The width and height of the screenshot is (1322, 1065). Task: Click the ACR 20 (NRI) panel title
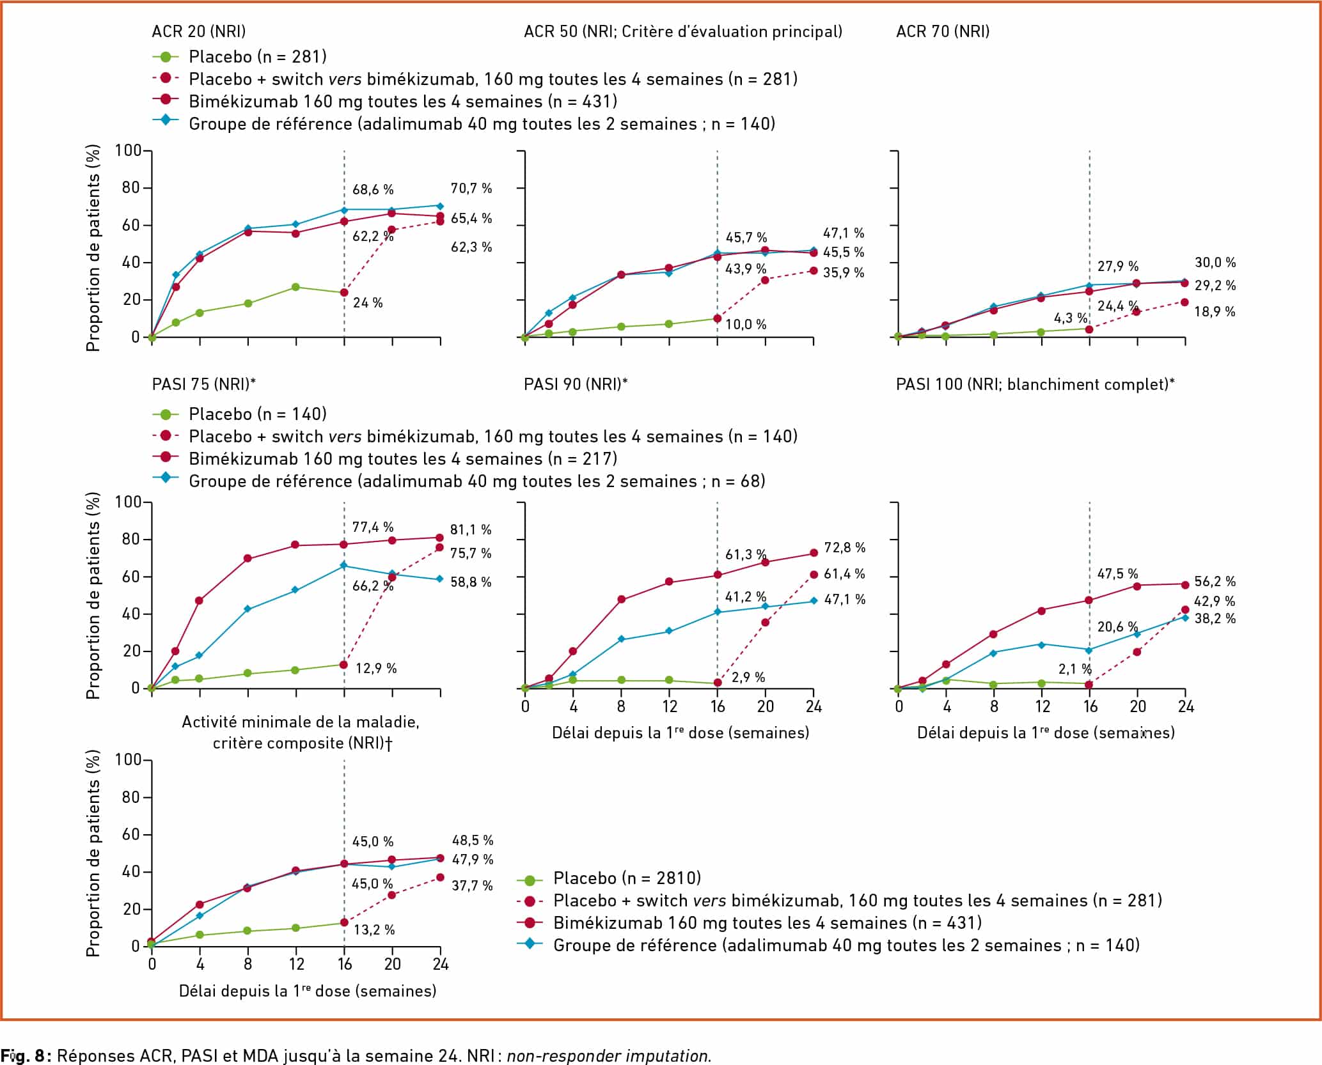pyautogui.click(x=198, y=31)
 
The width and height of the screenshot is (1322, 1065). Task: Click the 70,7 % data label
pyautogui.click(x=471, y=189)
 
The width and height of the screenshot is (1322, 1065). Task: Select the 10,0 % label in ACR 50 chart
pyautogui.click(x=746, y=325)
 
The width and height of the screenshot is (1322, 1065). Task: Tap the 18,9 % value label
pyautogui.click(x=1215, y=312)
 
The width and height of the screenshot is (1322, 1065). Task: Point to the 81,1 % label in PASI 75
pyautogui.click(x=471, y=530)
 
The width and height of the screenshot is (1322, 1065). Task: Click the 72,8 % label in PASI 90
pyautogui.click(x=844, y=548)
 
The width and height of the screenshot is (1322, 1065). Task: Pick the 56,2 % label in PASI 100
pyautogui.click(x=1215, y=582)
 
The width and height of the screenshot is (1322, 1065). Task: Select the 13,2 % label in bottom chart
pyautogui.click(x=374, y=930)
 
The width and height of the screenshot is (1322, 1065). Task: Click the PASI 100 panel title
pyautogui.click(x=1035, y=384)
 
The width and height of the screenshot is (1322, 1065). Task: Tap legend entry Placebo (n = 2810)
pyautogui.click(x=627, y=878)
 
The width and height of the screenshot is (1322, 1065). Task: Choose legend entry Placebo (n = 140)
pyautogui.click(x=257, y=414)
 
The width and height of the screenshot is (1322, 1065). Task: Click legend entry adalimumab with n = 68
pyautogui.click(x=476, y=481)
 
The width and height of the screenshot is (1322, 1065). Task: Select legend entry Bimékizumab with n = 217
pyautogui.click(x=403, y=459)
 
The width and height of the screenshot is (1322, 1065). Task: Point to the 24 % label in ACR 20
pyautogui.click(x=368, y=303)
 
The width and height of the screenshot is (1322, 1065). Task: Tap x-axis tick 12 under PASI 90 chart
pyautogui.click(x=670, y=706)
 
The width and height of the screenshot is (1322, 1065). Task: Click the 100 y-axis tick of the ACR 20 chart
pyautogui.click(x=128, y=151)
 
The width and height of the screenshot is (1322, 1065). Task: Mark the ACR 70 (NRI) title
pyautogui.click(x=943, y=31)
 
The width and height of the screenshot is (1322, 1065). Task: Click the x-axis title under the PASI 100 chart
pyautogui.click(x=1046, y=733)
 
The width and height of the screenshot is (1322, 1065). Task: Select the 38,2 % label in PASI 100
pyautogui.click(x=1215, y=619)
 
